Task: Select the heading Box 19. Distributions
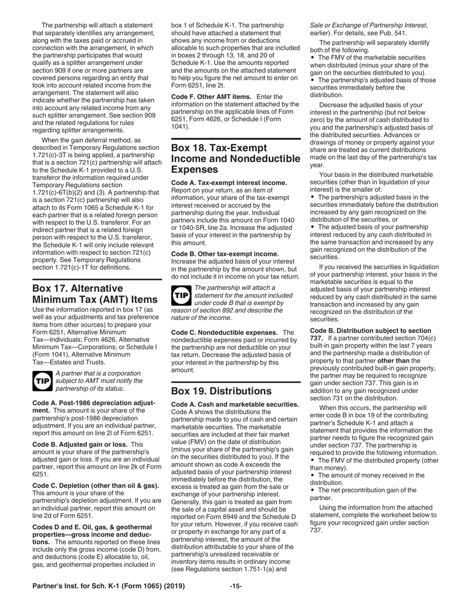coord(222,391)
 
